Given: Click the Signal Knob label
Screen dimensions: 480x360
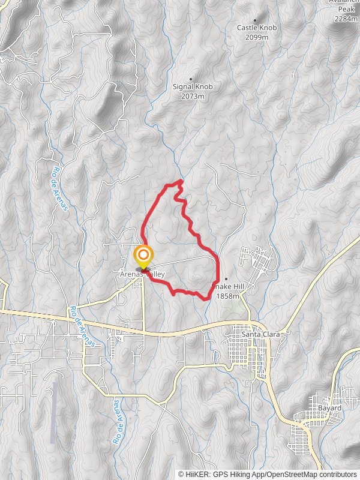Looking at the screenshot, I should coord(193,86).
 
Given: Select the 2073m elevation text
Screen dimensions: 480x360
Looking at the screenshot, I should coord(193,96).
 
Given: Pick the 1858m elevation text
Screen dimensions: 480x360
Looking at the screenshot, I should coord(228,296).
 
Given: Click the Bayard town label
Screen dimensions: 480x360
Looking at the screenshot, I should coord(329,408).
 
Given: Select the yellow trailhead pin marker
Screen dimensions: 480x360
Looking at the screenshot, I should coord(143,257).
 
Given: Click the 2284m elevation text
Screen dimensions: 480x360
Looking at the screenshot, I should coord(346,19).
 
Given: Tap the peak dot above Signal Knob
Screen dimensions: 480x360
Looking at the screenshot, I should coord(191,79).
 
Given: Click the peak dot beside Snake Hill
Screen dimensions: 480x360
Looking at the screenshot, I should coord(226,279).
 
